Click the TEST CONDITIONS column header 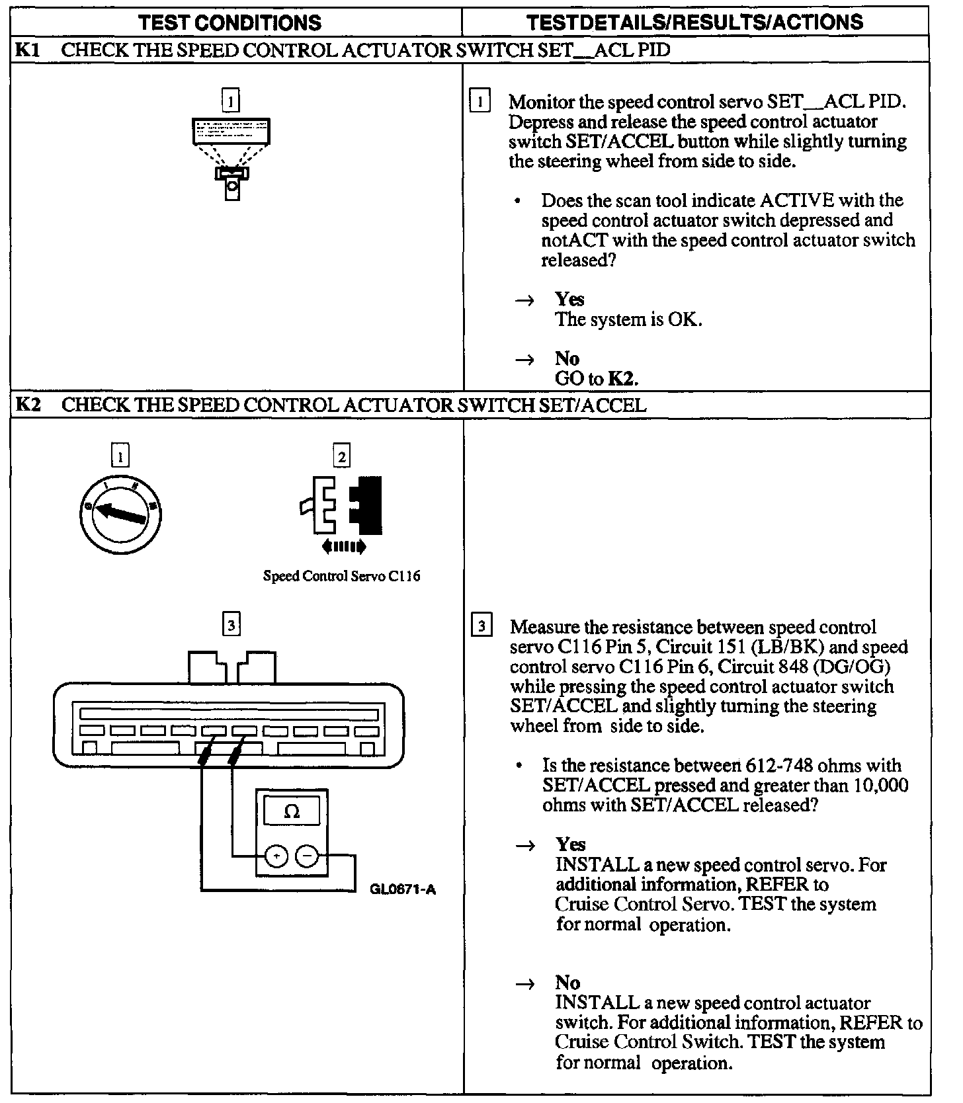[231, 22]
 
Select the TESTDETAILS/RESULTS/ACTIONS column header [694, 22]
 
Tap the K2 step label [28, 405]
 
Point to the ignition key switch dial [120, 512]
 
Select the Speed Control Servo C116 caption [341, 576]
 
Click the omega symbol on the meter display [292, 811]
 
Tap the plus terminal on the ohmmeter [275, 856]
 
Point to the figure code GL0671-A [403, 889]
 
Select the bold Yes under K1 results [569, 299]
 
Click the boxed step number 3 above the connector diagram [230, 624]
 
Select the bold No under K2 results [567, 983]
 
